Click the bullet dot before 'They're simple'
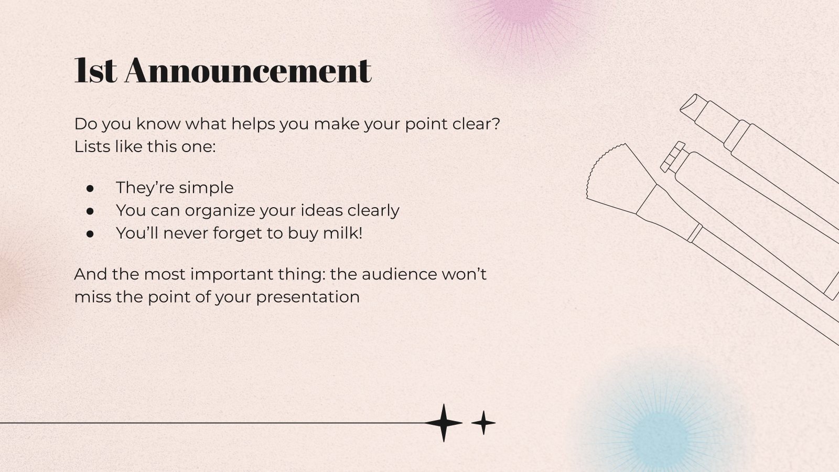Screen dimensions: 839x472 (x=90, y=188)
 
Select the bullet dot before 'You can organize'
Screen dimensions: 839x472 (x=90, y=211)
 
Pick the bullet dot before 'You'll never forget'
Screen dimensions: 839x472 (x=90, y=234)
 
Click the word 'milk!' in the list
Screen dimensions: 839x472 (x=343, y=233)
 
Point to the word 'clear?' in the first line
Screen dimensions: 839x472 (x=476, y=124)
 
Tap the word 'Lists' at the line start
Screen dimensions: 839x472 (x=92, y=146)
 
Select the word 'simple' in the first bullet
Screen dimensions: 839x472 (x=206, y=188)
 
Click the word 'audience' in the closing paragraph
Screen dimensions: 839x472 (x=399, y=274)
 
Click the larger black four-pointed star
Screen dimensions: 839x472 (x=444, y=423)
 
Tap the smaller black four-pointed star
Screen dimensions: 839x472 (x=483, y=423)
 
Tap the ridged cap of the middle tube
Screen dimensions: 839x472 (x=673, y=157)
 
